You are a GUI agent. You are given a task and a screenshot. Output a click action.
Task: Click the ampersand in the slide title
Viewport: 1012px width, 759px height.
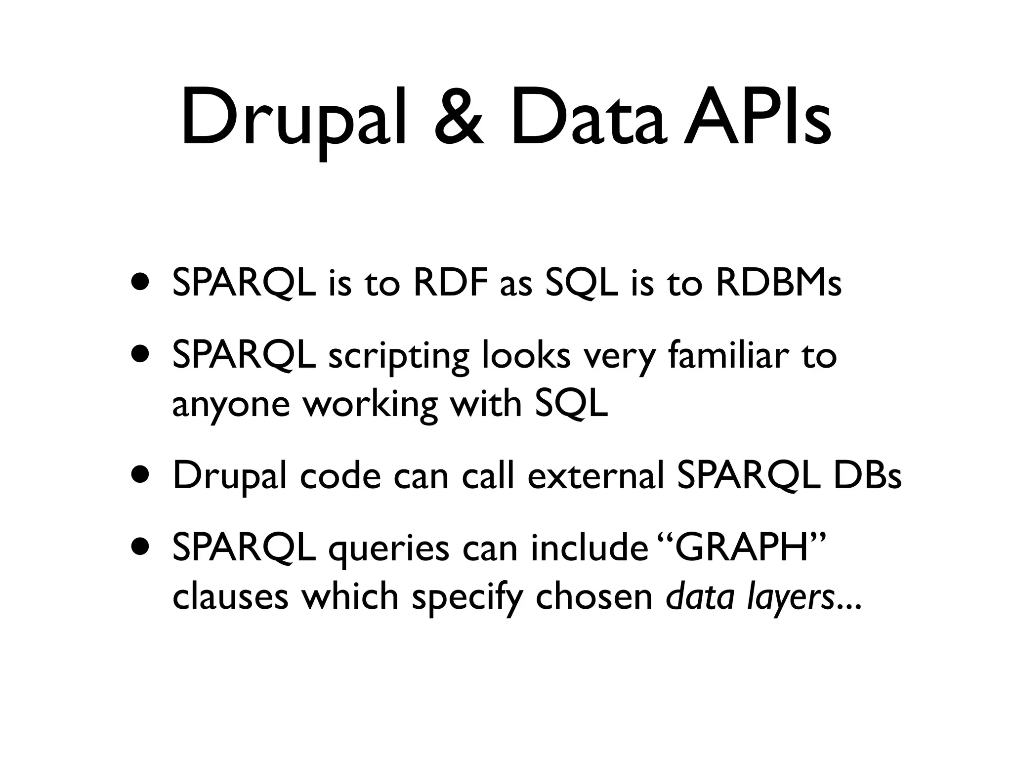[x=459, y=119]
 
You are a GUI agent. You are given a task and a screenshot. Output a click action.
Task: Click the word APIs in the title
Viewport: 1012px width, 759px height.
[x=757, y=119]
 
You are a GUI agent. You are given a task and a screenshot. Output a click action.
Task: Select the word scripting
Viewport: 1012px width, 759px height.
[x=398, y=357]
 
